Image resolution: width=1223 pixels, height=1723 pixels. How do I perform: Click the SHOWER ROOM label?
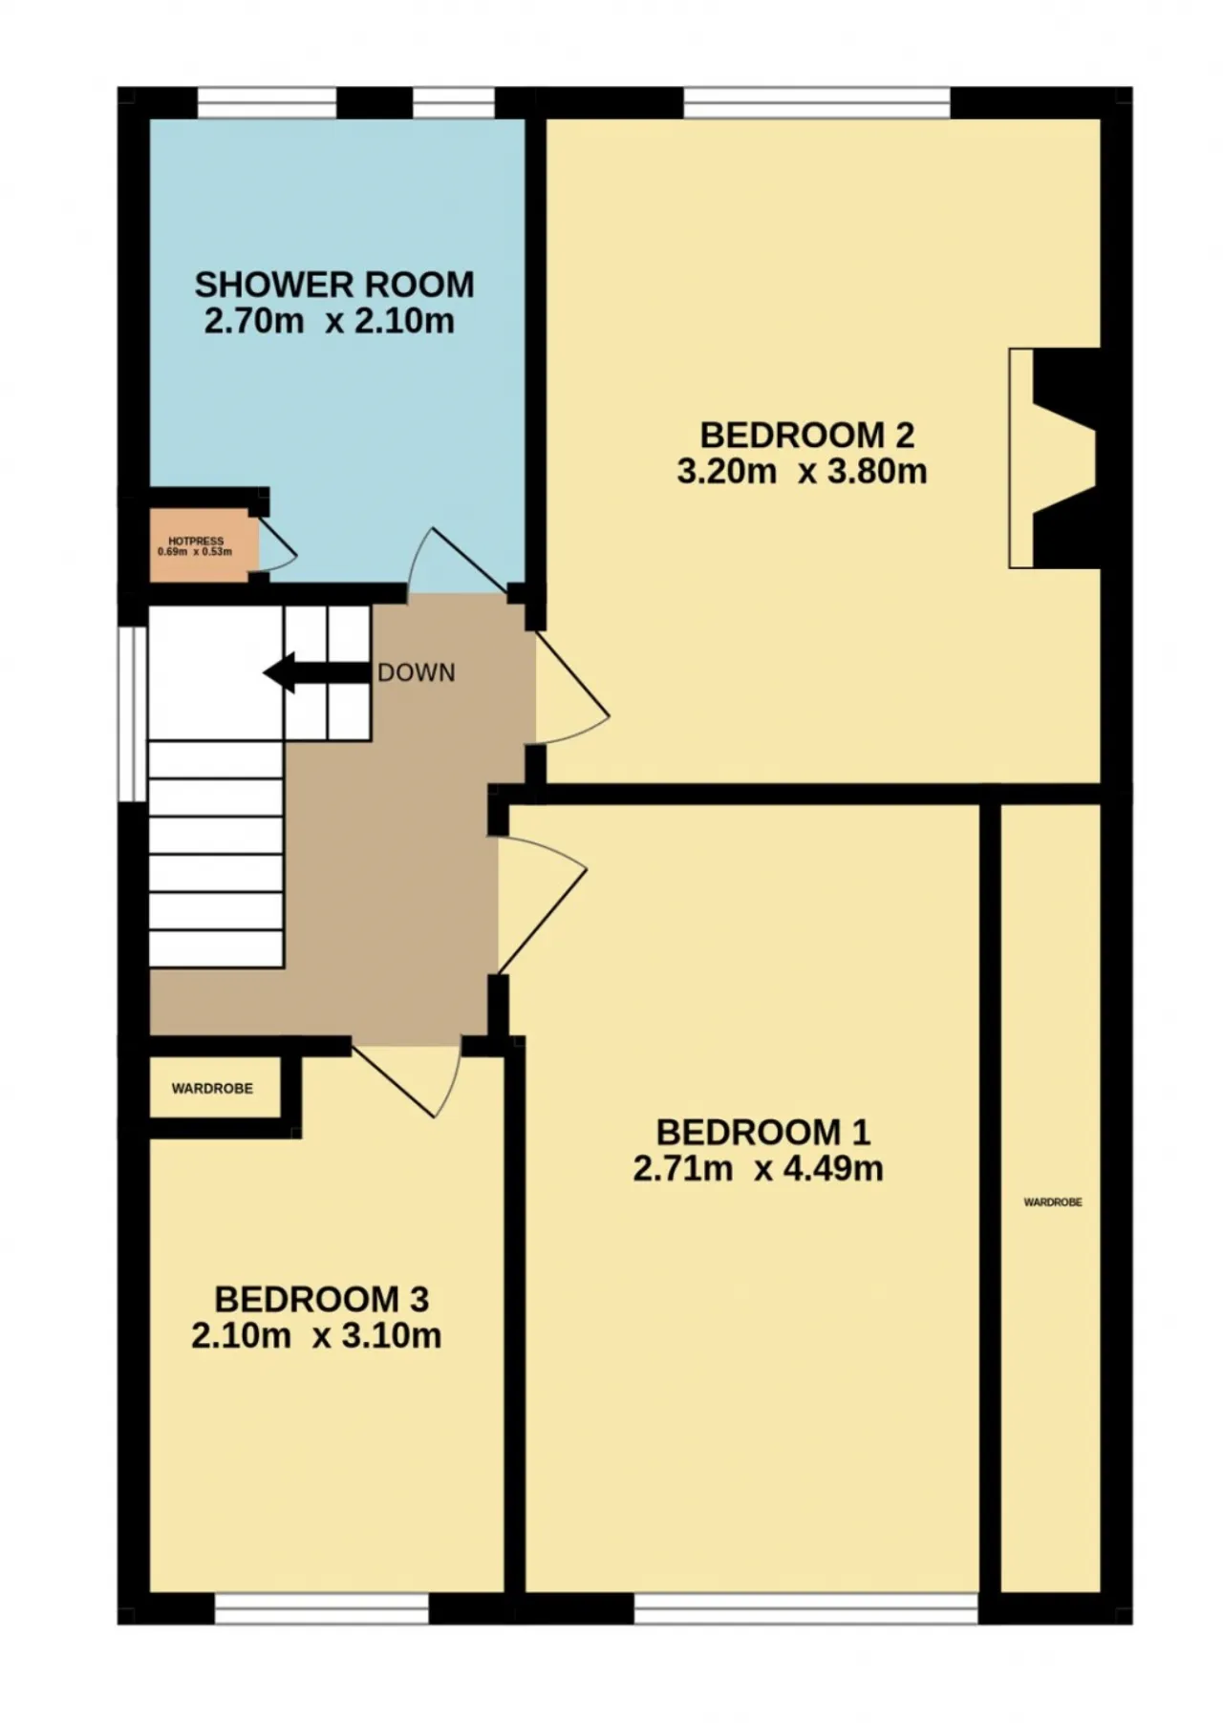click(x=334, y=285)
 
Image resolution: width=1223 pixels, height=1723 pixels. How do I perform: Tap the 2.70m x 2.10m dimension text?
click(x=330, y=321)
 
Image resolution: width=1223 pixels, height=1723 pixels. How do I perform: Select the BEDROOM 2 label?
click(x=807, y=436)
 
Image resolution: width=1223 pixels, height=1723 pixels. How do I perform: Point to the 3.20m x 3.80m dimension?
click(x=802, y=472)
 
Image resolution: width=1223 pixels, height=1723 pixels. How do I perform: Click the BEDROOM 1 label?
click(x=763, y=1133)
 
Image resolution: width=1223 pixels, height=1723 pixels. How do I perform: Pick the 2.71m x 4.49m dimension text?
click(x=758, y=1169)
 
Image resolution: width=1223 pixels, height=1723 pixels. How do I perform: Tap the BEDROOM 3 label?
click(x=321, y=1300)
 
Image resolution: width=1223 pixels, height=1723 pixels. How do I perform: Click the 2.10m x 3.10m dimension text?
click(x=316, y=1336)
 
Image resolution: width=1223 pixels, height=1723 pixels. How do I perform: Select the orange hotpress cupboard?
click(x=204, y=545)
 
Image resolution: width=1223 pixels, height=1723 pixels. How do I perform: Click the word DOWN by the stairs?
click(x=417, y=673)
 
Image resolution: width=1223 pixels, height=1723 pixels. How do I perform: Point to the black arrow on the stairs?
click(x=316, y=673)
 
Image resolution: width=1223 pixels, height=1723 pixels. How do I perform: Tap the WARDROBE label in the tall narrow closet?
click(x=1053, y=1202)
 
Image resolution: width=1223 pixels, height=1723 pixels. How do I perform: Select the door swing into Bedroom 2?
click(x=571, y=688)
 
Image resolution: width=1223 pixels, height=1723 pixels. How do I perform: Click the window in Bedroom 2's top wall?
click(x=817, y=102)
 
